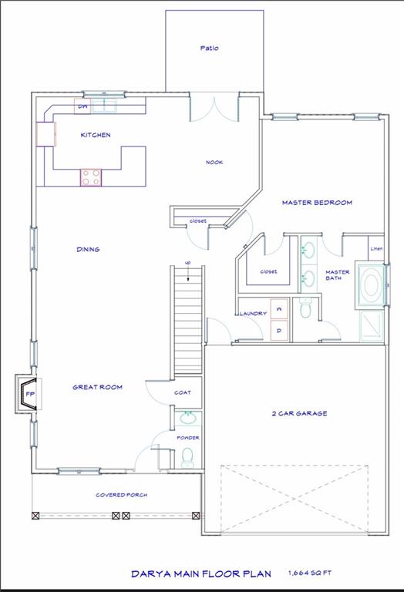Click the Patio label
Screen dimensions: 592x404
(209, 48)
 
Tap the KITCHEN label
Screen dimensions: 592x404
(96, 135)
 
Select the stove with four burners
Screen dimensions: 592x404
(91, 177)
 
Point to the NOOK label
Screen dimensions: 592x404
(214, 162)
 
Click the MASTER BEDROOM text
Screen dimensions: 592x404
(316, 203)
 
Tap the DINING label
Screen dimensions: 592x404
(88, 249)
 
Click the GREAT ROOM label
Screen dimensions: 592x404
(97, 387)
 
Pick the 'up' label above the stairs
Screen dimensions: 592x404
(187, 264)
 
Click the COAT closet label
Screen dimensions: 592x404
(182, 392)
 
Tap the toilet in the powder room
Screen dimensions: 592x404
(187, 459)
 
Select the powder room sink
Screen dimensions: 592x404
(187, 419)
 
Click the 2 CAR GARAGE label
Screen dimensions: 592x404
(299, 413)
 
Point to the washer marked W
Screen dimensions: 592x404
(278, 308)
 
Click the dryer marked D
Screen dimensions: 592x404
(278, 331)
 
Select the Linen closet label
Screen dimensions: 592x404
(376, 249)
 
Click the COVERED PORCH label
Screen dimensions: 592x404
(121, 495)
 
